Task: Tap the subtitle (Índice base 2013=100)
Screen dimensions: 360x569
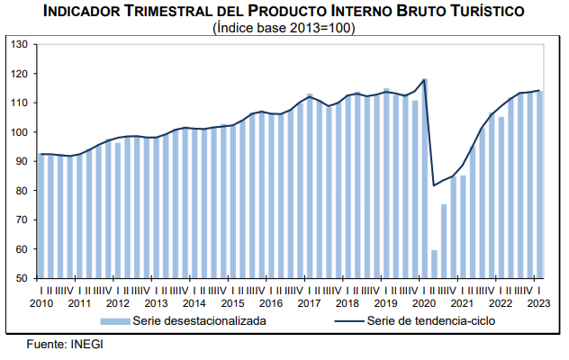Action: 284,28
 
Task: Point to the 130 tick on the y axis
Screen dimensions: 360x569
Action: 20,44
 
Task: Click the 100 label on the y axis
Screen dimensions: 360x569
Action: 20,132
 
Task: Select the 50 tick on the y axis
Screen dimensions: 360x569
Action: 23,278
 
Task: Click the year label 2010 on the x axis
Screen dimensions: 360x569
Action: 41,302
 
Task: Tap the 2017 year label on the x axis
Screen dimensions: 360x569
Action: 309,302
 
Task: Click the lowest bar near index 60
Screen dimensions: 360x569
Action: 435,264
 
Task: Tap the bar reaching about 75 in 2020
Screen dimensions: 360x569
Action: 444,240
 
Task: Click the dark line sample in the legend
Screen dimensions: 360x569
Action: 348,320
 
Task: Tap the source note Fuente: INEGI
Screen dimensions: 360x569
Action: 64,345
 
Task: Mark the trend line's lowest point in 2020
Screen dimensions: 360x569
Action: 435,185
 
